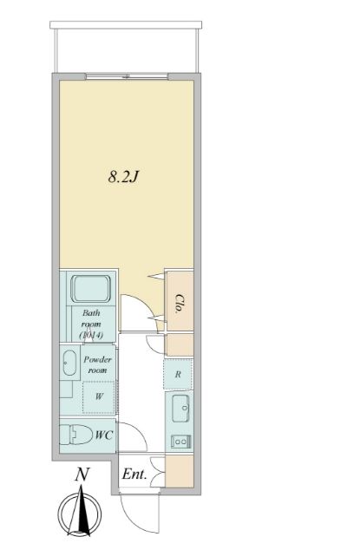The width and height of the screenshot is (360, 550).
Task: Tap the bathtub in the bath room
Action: point(90,290)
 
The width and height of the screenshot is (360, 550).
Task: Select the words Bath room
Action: point(91,318)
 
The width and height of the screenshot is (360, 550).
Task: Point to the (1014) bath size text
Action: point(90,334)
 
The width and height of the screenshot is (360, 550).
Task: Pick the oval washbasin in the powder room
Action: point(69,363)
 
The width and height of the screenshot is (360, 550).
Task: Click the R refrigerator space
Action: point(178,376)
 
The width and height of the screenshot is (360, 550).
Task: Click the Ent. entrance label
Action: point(134,475)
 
